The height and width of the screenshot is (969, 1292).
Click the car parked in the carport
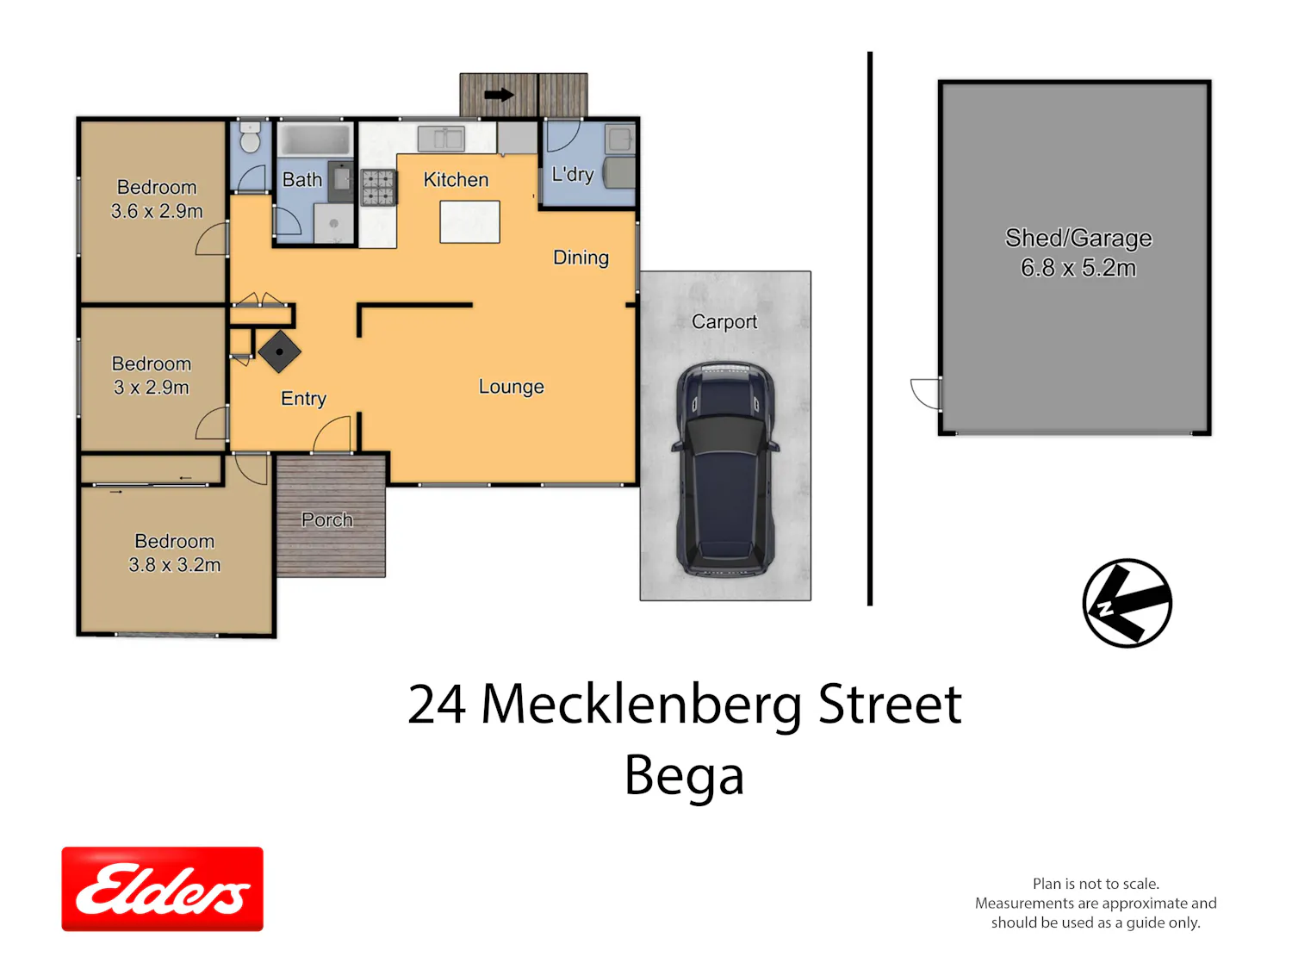point(724,469)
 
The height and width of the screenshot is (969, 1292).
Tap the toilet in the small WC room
point(250,137)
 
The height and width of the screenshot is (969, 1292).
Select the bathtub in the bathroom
point(314,140)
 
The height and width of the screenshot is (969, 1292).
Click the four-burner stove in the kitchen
point(377,187)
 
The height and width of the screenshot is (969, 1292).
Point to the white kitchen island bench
point(469,221)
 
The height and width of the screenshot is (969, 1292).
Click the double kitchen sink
point(440,139)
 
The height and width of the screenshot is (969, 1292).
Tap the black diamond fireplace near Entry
point(280,351)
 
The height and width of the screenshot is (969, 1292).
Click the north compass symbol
point(1126,602)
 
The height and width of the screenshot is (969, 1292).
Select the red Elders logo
point(162,888)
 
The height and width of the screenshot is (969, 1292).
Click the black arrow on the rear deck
point(499,95)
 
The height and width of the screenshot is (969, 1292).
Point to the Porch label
point(326,519)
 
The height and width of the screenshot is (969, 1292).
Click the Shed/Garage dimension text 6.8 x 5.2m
point(1078,268)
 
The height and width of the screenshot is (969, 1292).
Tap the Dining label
point(581,257)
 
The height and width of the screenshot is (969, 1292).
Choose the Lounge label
point(511,387)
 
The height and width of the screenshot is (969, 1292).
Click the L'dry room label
point(572,174)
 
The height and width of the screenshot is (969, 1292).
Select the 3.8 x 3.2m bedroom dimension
point(174,564)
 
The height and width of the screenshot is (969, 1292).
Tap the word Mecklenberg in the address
point(642,704)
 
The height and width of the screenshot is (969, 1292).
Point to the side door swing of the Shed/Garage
point(925,394)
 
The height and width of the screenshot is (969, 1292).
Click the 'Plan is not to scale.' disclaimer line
point(1096,883)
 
